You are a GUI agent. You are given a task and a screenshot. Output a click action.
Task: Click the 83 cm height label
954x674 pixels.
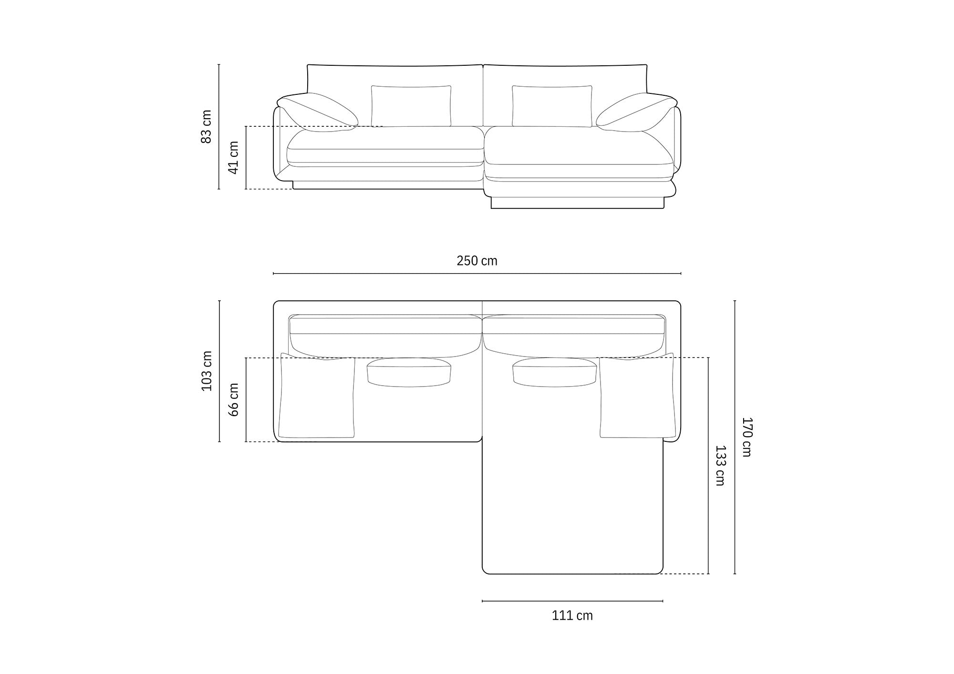click(207, 127)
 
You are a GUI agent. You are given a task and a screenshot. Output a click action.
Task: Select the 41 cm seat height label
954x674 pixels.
click(234, 157)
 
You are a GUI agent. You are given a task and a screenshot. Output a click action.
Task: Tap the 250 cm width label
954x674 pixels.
click(477, 261)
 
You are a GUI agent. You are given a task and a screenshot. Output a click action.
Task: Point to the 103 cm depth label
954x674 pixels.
click(207, 371)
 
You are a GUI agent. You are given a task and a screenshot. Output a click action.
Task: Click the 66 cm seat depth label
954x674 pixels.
click(234, 399)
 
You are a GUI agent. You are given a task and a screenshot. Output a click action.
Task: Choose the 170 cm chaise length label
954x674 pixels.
click(747, 437)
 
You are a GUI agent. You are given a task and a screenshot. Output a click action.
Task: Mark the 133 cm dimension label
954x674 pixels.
click(720, 466)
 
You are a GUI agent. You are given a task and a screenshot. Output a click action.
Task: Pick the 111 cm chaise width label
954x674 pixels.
click(572, 615)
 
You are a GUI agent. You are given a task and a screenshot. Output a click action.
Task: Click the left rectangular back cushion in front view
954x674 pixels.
click(411, 106)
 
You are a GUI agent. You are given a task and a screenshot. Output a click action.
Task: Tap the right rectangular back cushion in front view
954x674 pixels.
click(552, 106)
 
